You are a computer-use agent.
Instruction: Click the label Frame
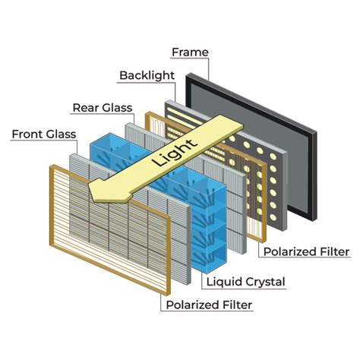click(x=190, y=52)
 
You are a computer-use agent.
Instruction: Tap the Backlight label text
click(x=147, y=76)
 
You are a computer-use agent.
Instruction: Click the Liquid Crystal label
click(x=246, y=282)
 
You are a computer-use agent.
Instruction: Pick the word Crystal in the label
click(x=265, y=282)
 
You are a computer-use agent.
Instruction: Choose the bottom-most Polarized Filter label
click(x=209, y=305)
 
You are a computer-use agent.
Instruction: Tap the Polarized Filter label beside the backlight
click(x=305, y=251)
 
